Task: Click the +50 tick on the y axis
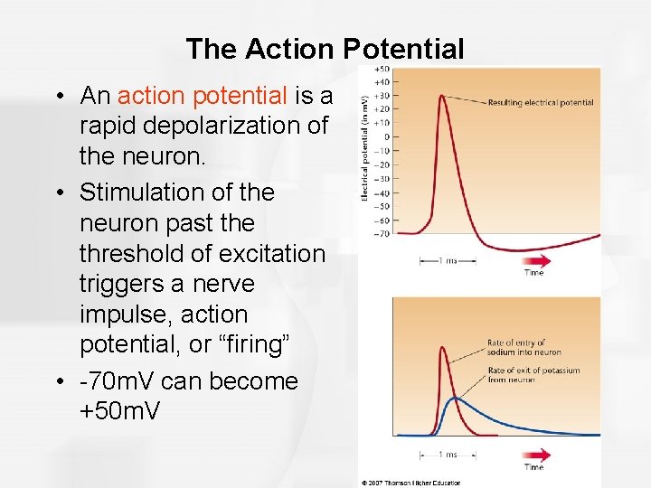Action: coord(382,69)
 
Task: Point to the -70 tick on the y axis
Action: coord(382,233)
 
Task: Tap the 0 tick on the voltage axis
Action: coord(385,137)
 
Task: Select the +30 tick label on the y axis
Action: coord(382,96)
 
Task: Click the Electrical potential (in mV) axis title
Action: coord(364,149)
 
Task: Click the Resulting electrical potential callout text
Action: coord(541,103)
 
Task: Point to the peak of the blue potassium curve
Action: coord(457,399)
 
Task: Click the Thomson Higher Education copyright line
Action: coord(411,483)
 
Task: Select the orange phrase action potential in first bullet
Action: coord(203,95)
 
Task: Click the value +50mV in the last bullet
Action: coord(120,411)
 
